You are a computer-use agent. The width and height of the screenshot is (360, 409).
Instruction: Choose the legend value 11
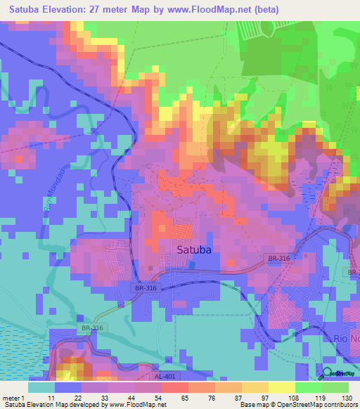pyautogui.click(x=51, y=397)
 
